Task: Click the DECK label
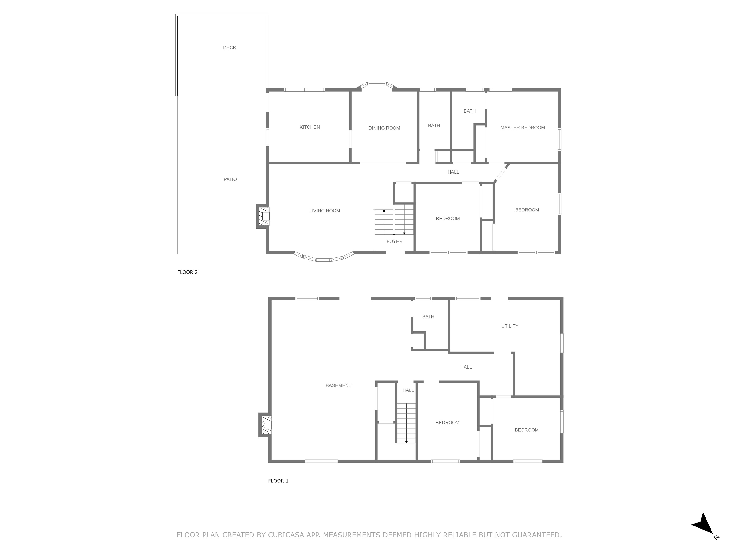pyautogui.click(x=230, y=48)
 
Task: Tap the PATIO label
pyautogui.click(x=230, y=179)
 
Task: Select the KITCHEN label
pyautogui.click(x=310, y=127)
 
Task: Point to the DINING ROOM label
pyautogui.click(x=384, y=128)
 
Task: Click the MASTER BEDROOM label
pyautogui.click(x=522, y=128)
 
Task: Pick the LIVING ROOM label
pyautogui.click(x=325, y=211)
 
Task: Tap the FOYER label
pyautogui.click(x=395, y=241)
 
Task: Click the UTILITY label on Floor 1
pyautogui.click(x=510, y=326)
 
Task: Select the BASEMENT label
pyautogui.click(x=339, y=385)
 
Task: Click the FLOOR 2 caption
pyautogui.click(x=187, y=272)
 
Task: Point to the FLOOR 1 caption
pyautogui.click(x=278, y=481)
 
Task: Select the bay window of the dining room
pyautogui.click(x=376, y=85)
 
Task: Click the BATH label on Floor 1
pyautogui.click(x=428, y=317)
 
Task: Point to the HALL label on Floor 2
pyautogui.click(x=453, y=172)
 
